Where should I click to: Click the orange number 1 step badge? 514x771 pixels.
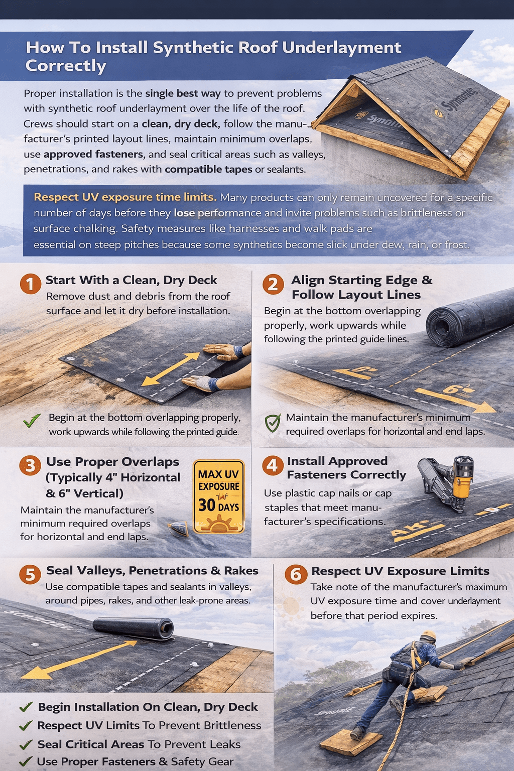(x=30, y=284)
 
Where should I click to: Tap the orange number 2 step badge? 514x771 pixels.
(x=273, y=284)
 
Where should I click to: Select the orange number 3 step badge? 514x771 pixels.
(x=30, y=466)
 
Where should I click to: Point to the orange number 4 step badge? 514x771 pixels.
(x=272, y=465)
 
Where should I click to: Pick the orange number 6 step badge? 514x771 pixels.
(x=296, y=574)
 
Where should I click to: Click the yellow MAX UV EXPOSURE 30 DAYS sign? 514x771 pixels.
(x=219, y=496)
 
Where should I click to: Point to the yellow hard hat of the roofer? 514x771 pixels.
(x=429, y=635)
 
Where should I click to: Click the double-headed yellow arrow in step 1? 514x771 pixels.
(x=171, y=369)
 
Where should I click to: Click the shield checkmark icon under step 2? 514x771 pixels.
(x=273, y=423)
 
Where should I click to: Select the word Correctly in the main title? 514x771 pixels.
(x=66, y=66)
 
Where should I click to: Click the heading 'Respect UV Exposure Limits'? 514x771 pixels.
(x=400, y=571)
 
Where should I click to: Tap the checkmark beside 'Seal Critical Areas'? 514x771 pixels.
(x=26, y=744)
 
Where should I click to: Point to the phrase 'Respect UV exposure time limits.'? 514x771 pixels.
(x=125, y=197)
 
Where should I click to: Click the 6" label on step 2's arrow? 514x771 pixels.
(x=451, y=390)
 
